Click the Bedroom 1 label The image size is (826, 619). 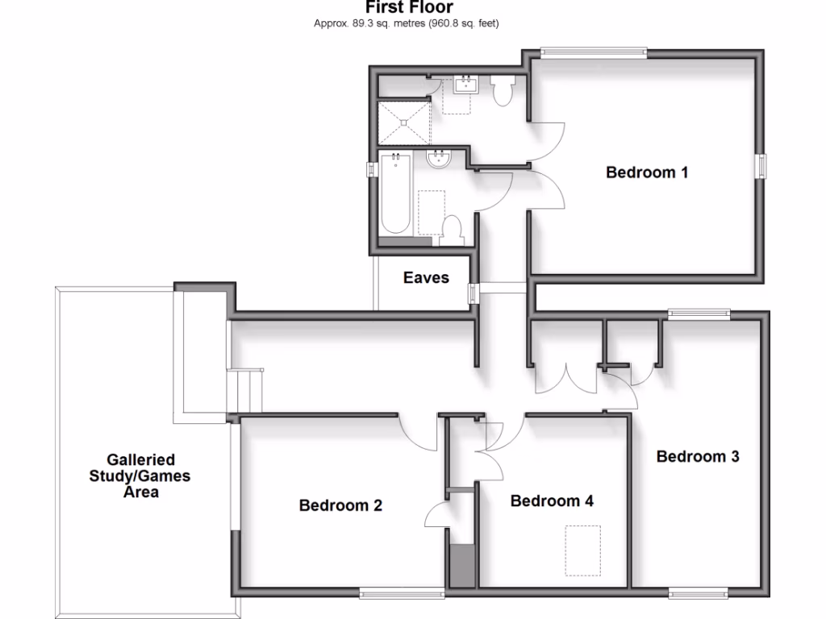tap(647, 172)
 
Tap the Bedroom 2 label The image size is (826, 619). tap(340, 506)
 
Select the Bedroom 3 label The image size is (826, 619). tap(698, 457)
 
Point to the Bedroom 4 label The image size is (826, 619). tap(552, 501)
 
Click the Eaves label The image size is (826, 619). tap(426, 278)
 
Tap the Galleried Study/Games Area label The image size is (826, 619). tap(140, 476)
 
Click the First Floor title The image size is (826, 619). tap(409, 8)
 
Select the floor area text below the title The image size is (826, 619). tap(407, 23)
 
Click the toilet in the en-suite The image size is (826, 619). tap(503, 90)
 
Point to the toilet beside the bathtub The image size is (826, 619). tap(453, 230)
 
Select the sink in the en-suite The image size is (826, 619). tap(465, 85)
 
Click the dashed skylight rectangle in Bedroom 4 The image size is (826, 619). tap(582, 550)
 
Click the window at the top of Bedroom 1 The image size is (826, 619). tap(594, 53)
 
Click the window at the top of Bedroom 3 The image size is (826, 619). tap(699, 314)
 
